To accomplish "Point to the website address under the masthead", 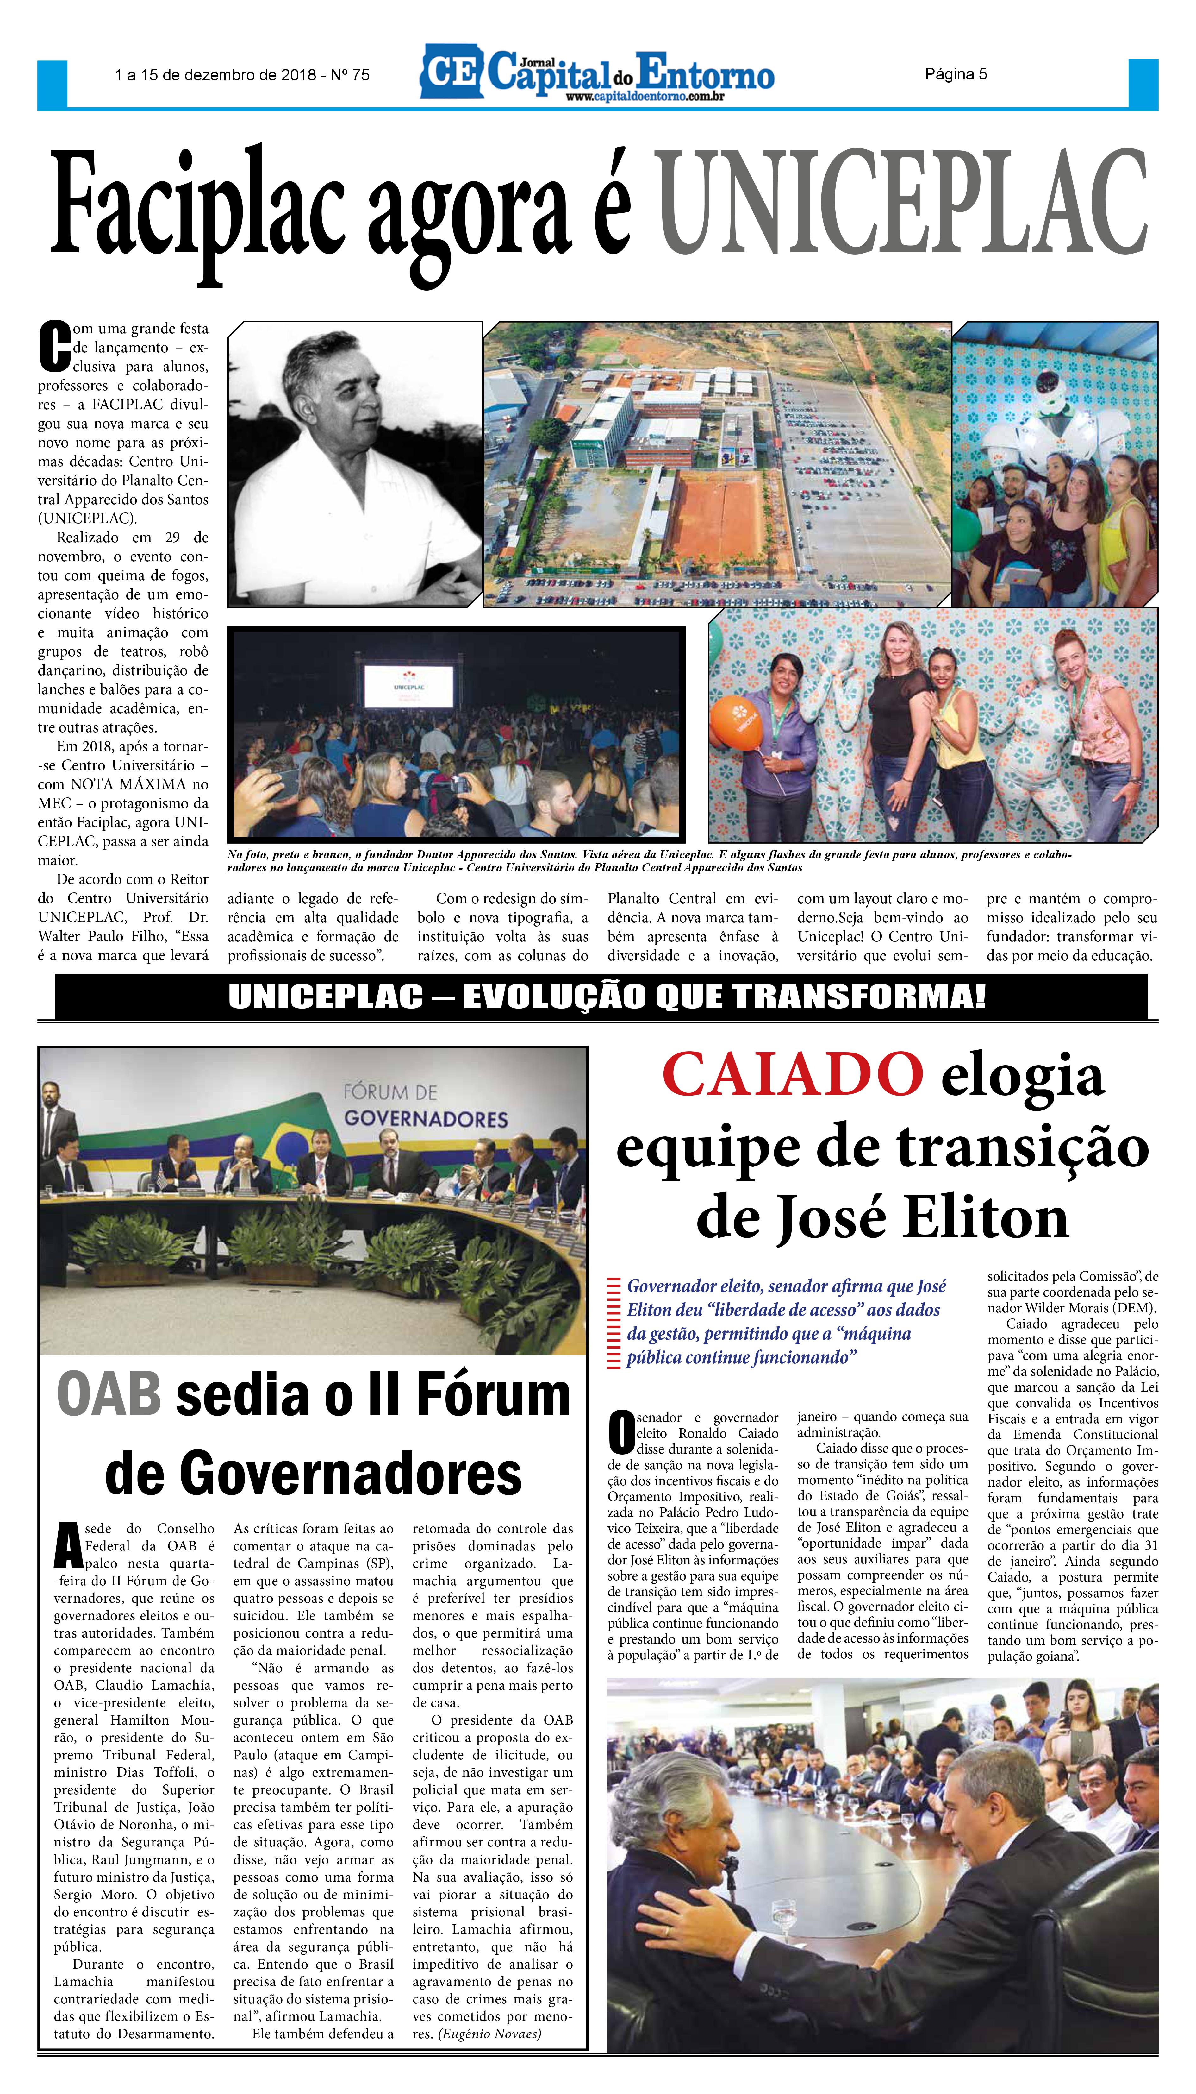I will click(x=644, y=97).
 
